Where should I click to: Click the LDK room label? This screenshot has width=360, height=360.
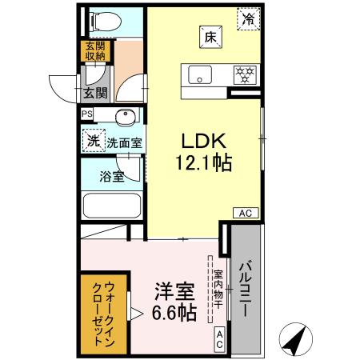[205, 141]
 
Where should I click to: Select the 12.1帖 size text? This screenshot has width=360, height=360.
[205, 164]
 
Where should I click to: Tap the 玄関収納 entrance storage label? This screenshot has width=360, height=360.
[95, 51]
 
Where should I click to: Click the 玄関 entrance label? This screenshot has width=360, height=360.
[94, 94]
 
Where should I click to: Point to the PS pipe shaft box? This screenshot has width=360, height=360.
[87, 114]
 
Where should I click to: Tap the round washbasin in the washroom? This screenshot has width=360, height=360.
[125, 118]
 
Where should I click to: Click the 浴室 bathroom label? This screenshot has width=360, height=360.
[111, 176]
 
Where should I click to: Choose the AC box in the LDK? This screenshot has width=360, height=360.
[245, 212]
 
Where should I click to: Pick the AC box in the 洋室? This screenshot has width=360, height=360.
[219, 338]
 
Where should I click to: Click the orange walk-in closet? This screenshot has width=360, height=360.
[102, 314]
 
